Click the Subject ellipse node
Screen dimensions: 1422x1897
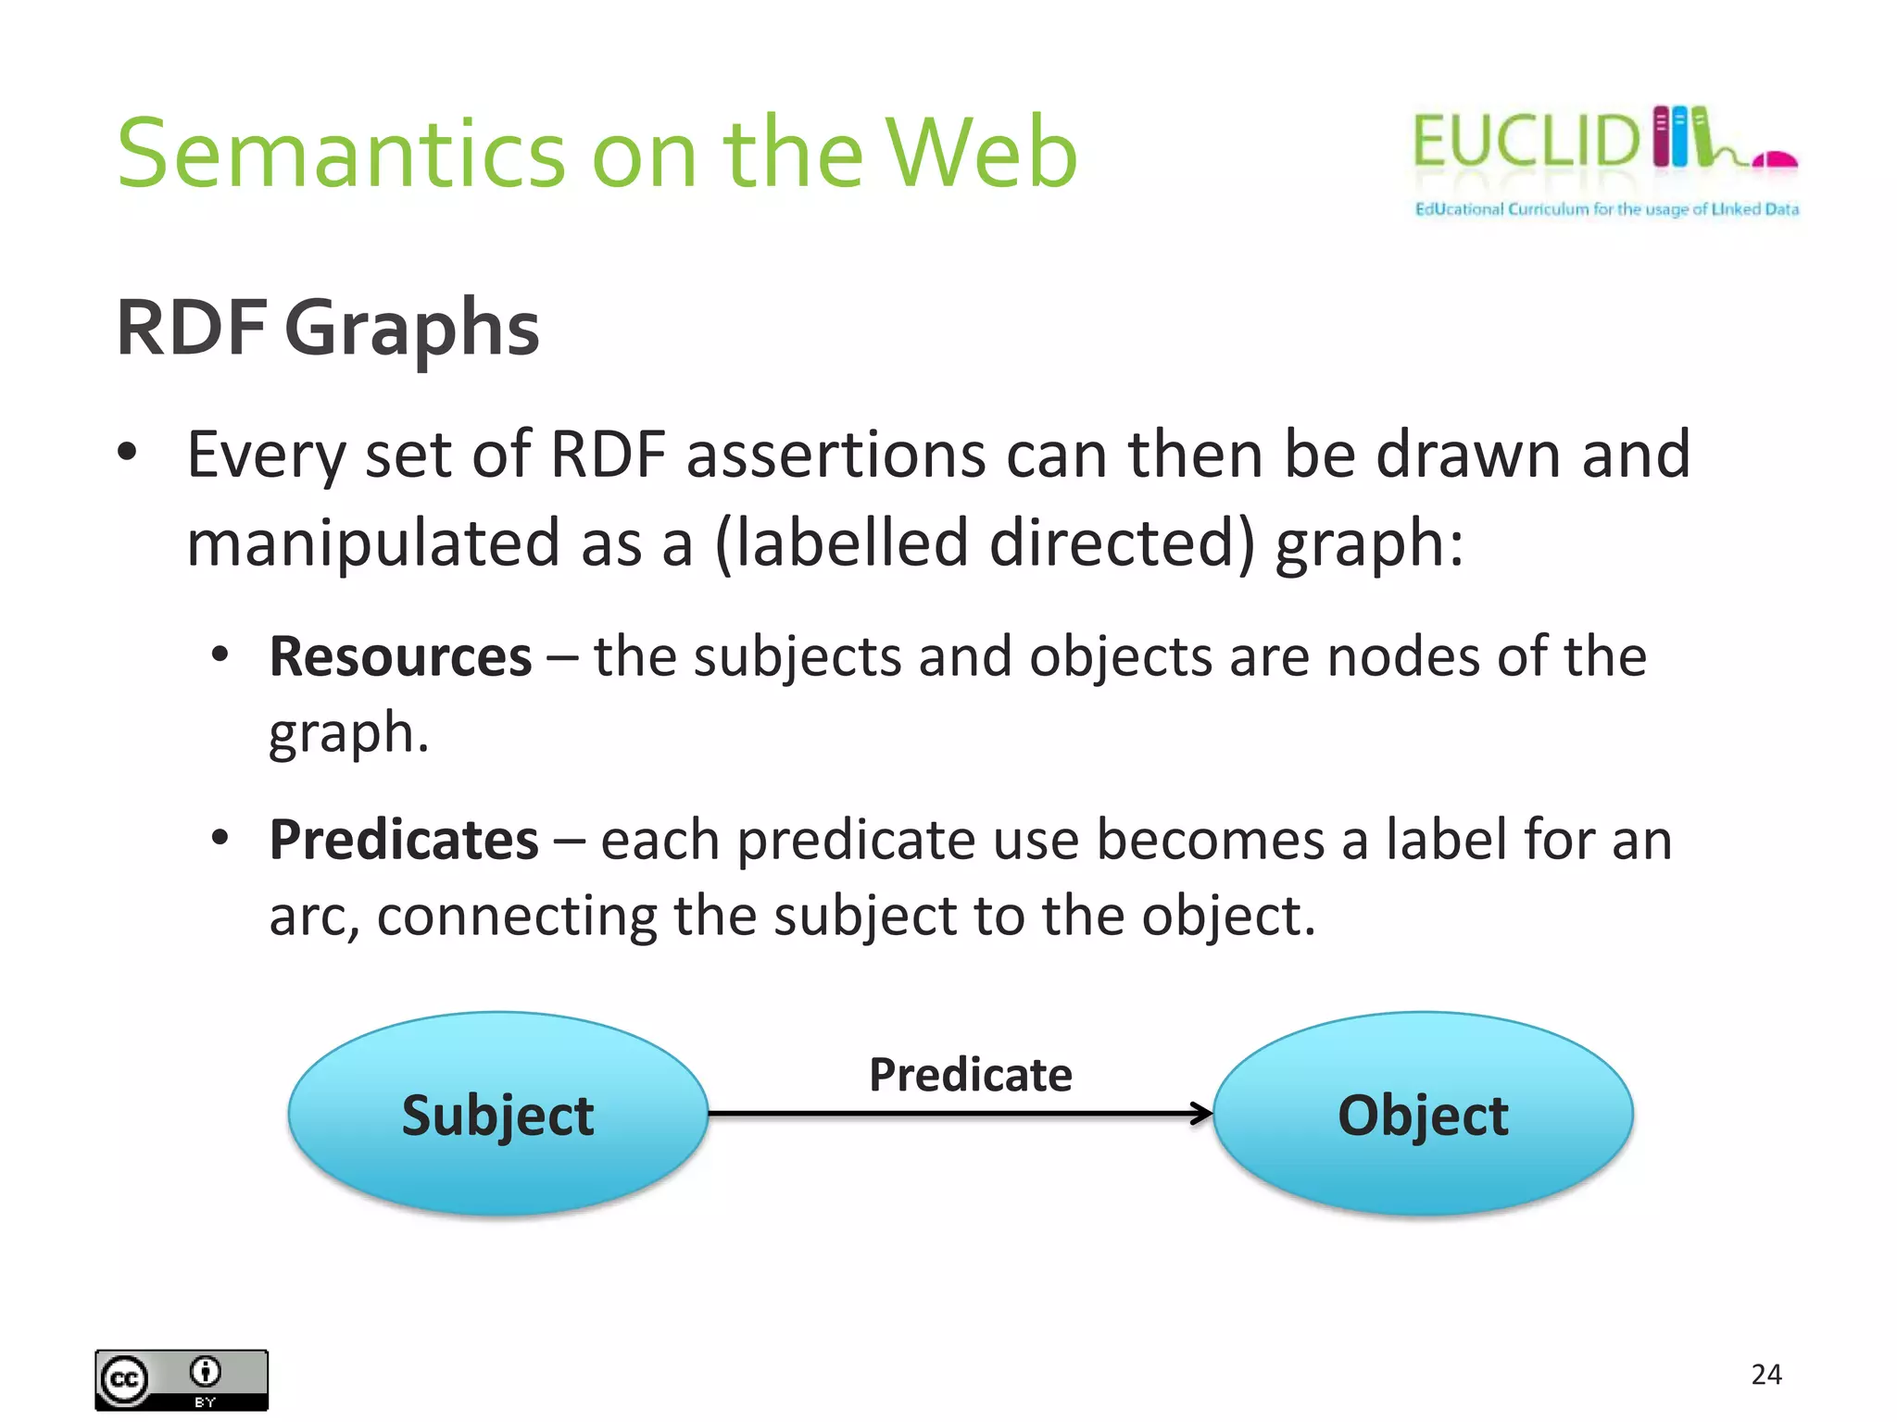point(497,1114)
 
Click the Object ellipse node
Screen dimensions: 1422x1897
point(1423,1114)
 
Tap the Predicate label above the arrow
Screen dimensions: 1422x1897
point(970,1075)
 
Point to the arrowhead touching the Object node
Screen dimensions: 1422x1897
point(1202,1113)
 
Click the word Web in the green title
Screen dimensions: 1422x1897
point(982,153)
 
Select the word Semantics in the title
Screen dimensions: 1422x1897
point(341,153)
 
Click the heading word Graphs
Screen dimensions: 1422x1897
point(411,329)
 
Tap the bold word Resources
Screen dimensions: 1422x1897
point(400,657)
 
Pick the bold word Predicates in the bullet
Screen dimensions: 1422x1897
point(404,841)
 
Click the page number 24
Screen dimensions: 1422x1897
point(1765,1374)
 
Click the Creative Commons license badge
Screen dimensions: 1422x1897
point(182,1379)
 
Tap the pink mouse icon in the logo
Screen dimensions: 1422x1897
point(1775,160)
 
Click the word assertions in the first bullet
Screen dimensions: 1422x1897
point(835,455)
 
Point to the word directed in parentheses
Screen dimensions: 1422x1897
point(1112,543)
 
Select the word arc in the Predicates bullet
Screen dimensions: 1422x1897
point(311,917)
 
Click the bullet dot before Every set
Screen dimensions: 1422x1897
point(128,453)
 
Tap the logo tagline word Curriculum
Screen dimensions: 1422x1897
point(1548,209)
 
